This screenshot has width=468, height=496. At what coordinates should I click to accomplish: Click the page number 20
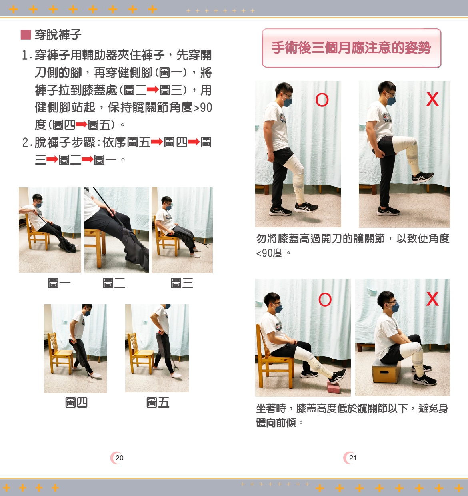coord(120,458)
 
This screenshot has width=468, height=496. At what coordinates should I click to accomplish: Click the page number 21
coord(353,458)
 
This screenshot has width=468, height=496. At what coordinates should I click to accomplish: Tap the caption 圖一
coord(59,283)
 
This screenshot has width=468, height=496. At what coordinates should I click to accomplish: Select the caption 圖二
coord(114,283)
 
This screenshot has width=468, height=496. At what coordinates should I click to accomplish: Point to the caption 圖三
coord(182,283)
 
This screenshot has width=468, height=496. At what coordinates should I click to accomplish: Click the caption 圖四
coord(76,402)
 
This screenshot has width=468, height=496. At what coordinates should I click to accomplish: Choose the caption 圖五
coord(158,402)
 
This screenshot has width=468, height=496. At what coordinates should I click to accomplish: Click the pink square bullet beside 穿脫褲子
coord(26,35)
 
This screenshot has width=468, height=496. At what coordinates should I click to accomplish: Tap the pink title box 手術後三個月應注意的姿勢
coord(352,48)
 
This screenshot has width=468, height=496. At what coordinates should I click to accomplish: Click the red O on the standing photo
coord(322,100)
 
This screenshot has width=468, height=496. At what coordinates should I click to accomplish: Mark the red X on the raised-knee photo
coord(432,99)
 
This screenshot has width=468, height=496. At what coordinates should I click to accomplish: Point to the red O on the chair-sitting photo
coord(325,299)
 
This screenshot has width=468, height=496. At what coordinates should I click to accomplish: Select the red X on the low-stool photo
coord(432,299)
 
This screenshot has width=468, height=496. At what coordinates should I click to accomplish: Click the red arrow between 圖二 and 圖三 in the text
coord(153,90)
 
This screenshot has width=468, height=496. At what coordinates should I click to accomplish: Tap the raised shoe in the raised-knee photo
coord(422,177)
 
